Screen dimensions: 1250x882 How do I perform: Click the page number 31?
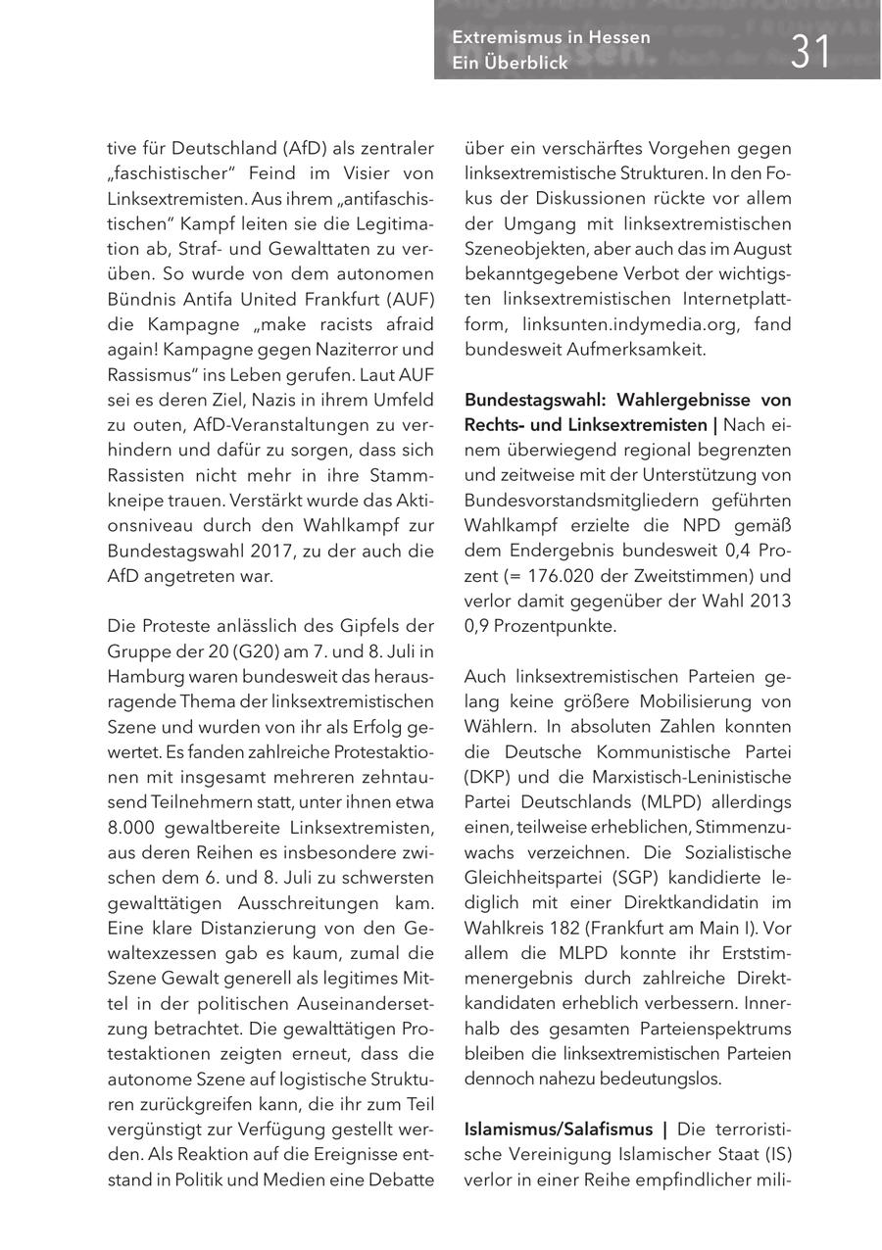click(x=810, y=50)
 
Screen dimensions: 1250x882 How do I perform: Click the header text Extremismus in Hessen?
click(x=551, y=37)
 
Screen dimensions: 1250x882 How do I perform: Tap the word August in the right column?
click(x=762, y=249)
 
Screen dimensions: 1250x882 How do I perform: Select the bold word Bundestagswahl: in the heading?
click(x=530, y=400)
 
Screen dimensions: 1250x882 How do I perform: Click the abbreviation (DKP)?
click(x=487, y=777)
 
